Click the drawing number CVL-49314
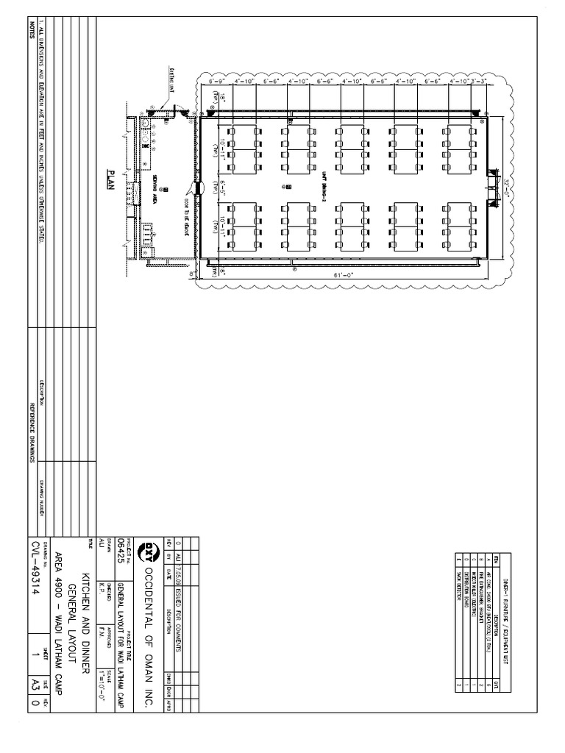click(x=35, y=571)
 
